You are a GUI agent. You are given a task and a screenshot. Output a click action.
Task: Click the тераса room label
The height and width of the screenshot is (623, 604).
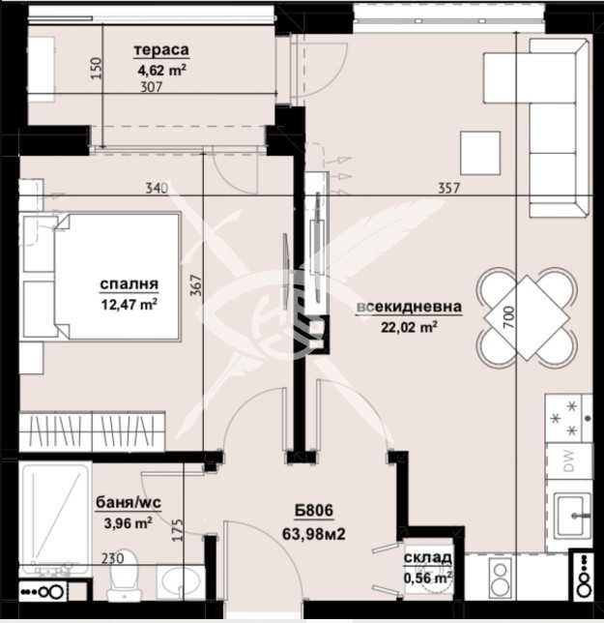[x=161, y=51]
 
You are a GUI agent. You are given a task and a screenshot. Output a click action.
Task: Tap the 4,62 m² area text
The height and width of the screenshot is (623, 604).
[x=161, y=69]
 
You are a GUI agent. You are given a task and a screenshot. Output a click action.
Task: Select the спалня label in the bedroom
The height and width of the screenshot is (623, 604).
[x=129, y=284]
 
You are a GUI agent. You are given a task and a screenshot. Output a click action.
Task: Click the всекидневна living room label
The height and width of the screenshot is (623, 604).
[x=409, y=308]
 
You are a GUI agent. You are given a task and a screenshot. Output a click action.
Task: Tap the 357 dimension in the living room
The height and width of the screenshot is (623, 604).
[x=446, y=189]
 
